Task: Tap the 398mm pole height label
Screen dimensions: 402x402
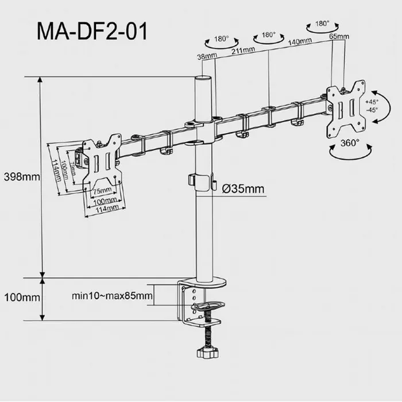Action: [x=21, y=176]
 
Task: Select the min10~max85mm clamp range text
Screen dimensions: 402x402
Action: [x=113, y=296]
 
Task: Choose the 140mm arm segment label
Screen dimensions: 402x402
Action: [x=299, y=41]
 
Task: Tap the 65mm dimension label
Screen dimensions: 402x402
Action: [x=339, y=37]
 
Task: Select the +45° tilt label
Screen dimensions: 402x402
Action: [x=371, y=102]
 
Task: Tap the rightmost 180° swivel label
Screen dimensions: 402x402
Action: [x=322, y=24]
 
